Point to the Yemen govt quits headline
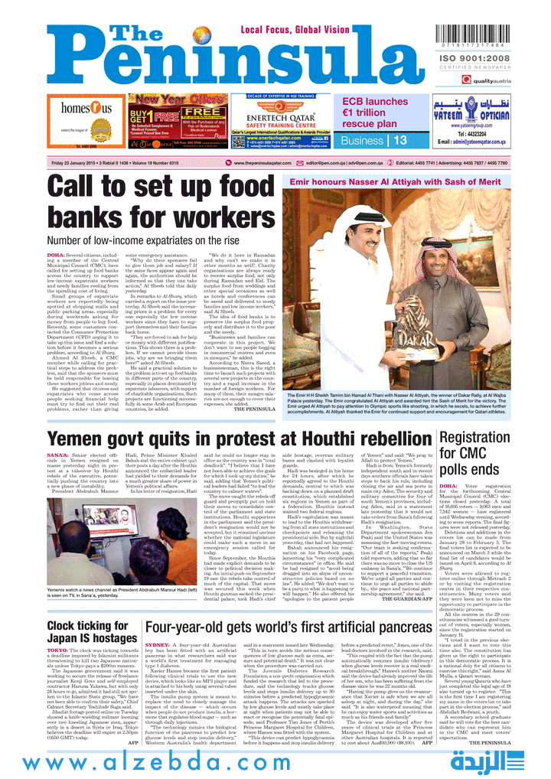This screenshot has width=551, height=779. click(x=229, y=439)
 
